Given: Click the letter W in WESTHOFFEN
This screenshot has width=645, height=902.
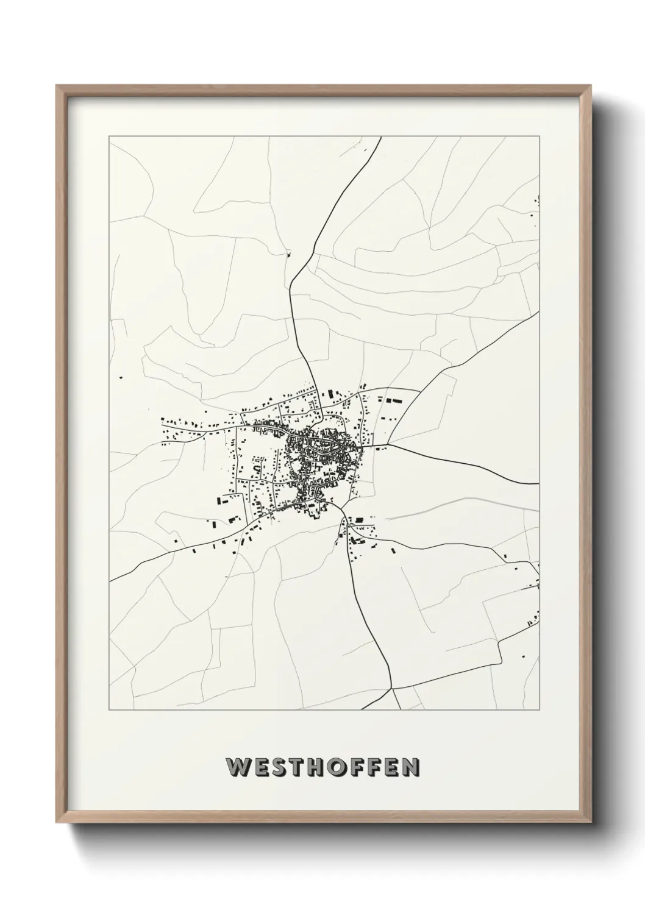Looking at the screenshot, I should coord(237,767).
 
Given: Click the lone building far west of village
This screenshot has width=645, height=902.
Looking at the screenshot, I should coord(122,378).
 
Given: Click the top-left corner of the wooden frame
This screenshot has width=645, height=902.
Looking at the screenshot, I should coord(57,86).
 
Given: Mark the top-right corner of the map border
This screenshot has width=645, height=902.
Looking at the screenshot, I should coord(540,137).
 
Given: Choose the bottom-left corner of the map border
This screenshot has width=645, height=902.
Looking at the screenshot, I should coord(109,711).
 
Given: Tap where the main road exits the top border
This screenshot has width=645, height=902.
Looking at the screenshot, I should coord(381,137).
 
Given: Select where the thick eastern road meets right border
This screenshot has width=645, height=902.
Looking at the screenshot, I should coord(539,483).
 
